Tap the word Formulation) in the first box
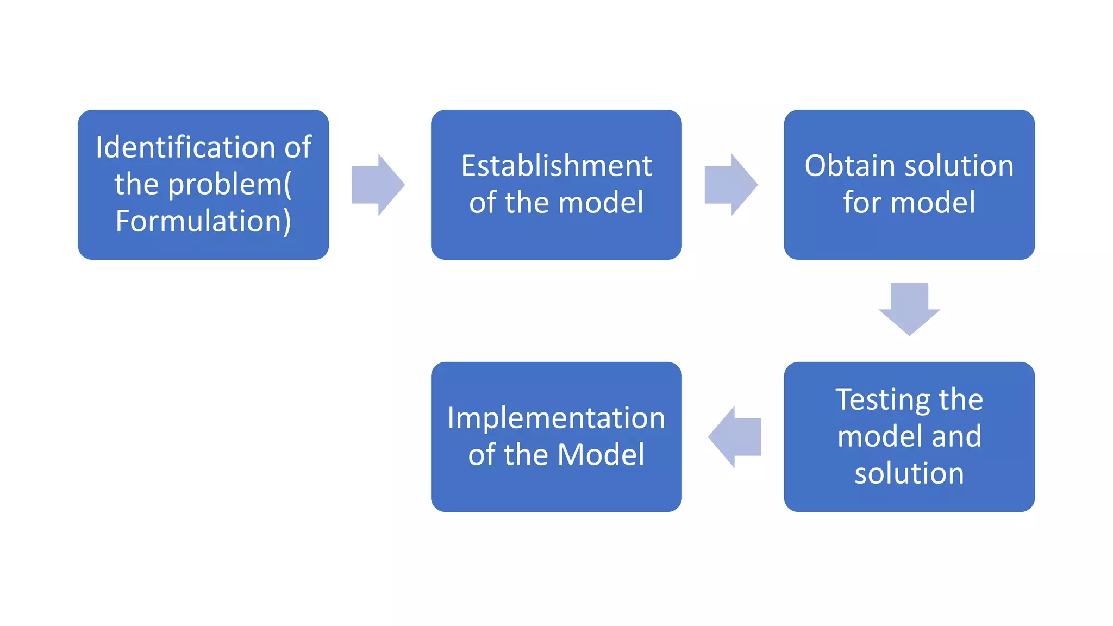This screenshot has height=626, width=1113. click(203, 221)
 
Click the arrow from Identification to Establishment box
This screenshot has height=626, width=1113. click(378, 185)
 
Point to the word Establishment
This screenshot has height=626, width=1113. click(556, 166)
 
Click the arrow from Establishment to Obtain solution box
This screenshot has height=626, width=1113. click(730, 185)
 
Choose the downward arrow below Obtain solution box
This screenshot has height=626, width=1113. click(909, 308)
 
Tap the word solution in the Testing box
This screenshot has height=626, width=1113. click(909, 473)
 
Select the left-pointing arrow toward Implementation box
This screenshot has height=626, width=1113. click(735, 437)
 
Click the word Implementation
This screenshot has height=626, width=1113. click(556, 418)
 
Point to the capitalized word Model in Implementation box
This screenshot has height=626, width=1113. click(601, 455)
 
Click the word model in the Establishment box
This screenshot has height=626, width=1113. click(601, 203)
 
